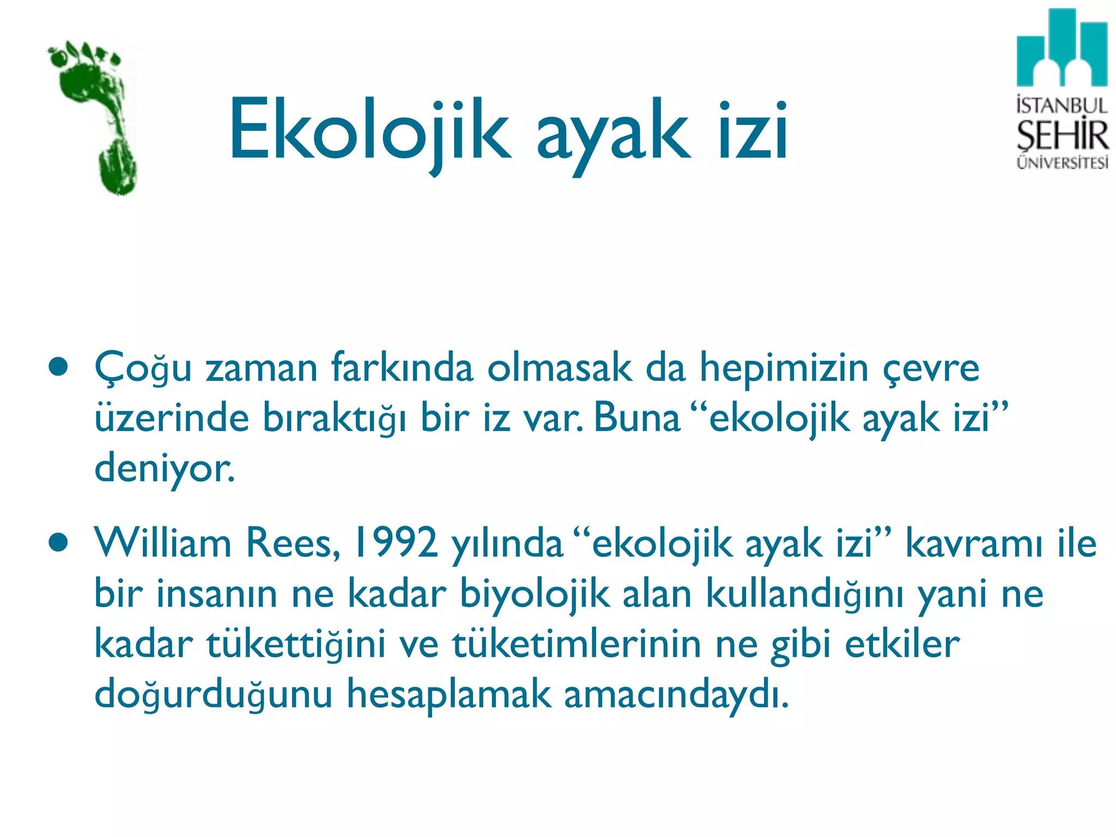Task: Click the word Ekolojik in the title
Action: tap(369, 131)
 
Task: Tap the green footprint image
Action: tap(95, 117)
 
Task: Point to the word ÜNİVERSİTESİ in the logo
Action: tap(1062, 162)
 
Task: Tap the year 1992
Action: tap(395, 543)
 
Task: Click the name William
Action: tap(162, 543)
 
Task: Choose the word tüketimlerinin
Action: tap(577, 644)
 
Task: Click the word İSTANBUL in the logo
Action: tap(1062, 105)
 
